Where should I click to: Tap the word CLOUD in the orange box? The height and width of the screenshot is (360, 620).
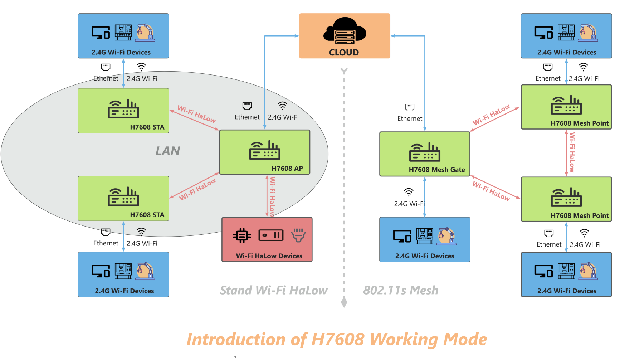point(344,53)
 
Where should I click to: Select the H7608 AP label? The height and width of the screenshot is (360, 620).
point(287,169)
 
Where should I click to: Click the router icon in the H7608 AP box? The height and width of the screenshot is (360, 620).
point(265,150)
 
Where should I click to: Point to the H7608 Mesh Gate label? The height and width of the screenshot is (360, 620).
point(437,170)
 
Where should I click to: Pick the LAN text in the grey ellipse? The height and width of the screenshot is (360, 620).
point(168,151)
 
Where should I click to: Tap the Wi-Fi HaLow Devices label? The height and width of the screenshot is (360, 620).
point(269,256)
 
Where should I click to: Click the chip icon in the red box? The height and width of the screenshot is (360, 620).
point(242,235)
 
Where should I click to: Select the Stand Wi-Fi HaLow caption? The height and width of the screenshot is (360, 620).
point(274,290)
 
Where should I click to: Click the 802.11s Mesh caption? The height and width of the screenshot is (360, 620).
point(401,290)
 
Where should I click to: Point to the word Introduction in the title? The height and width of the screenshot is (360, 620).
point(236,339)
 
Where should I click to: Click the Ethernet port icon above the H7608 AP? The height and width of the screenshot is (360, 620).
point(247,106)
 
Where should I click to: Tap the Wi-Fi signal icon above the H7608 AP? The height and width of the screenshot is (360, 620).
point(283,106)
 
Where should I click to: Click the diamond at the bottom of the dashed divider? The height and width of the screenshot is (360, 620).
point(344,302)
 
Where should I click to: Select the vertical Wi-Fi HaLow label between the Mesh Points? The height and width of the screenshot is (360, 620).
point(572,152)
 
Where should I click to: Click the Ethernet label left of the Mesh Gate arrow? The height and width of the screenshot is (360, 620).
point(410,118)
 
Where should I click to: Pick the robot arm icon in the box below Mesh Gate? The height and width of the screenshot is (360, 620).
point(446,236)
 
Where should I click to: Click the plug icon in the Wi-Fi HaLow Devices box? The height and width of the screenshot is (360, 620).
point(298,235)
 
